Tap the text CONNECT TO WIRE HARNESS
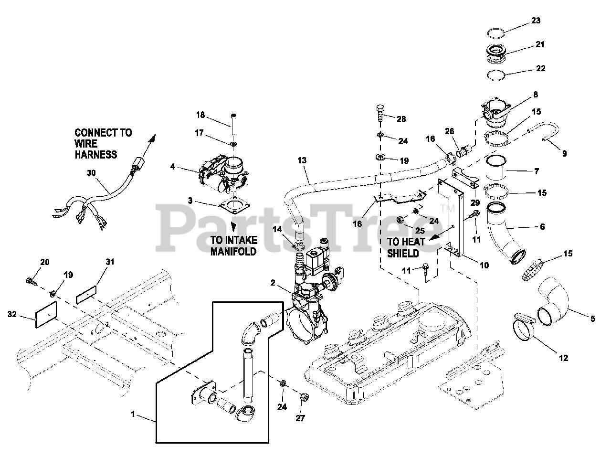coord(103,143)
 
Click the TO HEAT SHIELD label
coord(403,247)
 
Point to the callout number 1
coord(133,415)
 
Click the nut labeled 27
coord(303,397)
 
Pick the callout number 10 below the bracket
coord(484,265)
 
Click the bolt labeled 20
coord(32,279)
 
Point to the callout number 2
coord(273,283)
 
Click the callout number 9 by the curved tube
coord(564,153)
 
